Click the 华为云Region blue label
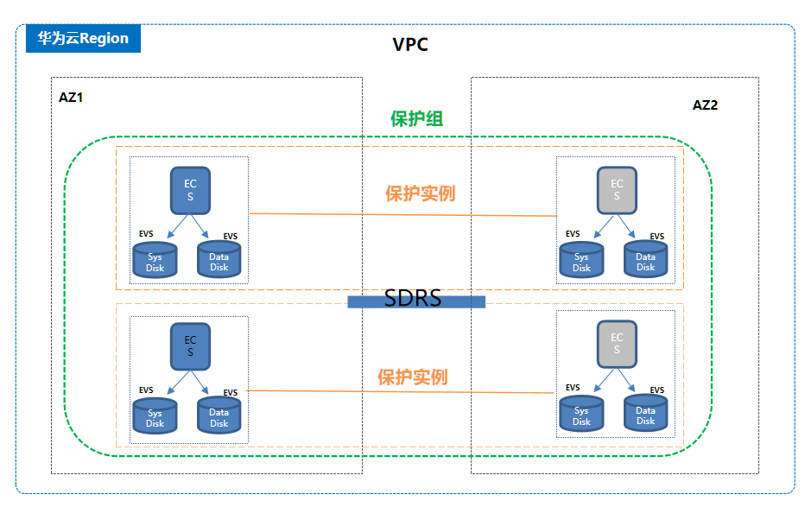pyautogui.click(x=83, y=39)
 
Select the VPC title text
pyautogui.click(x=410, y=45)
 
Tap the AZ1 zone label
pyautogui.click(x=71, y=98)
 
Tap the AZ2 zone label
pyautogui.click(x=705, y=105)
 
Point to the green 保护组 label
pyautogui.click(x=416, y=119)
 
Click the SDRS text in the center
pyautogui.click(x=413, y=299)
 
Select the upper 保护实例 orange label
pyautogui.click(x=420, y=193)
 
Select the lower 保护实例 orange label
pyautogui.click(x=412, y=377)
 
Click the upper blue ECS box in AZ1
pyautogui.click(x=190, y=191)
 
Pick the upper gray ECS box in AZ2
pyautogui.click(x=617, y=191)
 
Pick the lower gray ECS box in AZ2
pyautogui.click(x=617, y=344)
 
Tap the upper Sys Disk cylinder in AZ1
pyautogui.click(x=155, y=261)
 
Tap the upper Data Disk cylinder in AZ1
pyautogui.click(x=219, y=260)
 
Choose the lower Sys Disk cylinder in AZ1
pyautogui.click(x=155, y=417)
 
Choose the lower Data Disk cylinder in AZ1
pyautogui.click(x=219, y=416)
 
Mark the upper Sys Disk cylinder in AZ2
pyautogui.click(x=581, y=261)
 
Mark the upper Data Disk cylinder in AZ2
pyautogui.click(x=646, y=261)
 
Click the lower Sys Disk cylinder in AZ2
pyautogui.click(x=581, y=415)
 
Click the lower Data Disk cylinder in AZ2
pyautogui.click(x=646, y=415)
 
